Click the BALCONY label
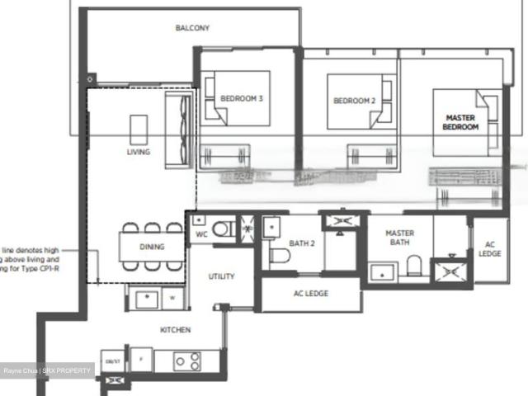point(192,28)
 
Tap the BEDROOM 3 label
point(241,99)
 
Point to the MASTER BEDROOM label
point(460,123)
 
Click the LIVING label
point(138,152)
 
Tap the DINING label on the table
point(151,247)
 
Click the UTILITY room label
point(221,276)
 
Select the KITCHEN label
point(175,330)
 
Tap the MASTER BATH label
point(399,238)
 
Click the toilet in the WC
point(222,229)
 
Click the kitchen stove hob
point(187,361)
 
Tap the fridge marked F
point(141,361)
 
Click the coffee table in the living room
point(139,128)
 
